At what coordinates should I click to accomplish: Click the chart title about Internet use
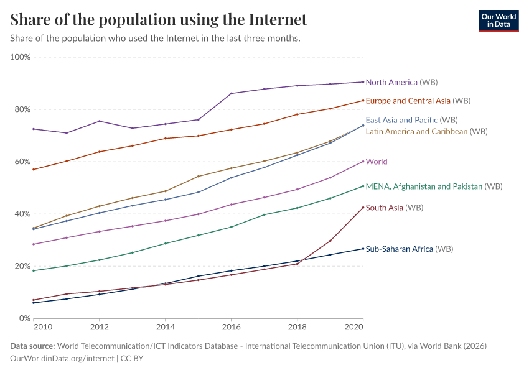point(159,20)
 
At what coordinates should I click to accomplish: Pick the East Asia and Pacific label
point(411,120)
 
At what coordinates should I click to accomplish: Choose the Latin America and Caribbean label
point(426,132)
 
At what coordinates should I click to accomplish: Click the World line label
point(377,162)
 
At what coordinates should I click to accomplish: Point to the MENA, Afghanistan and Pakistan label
point(434,186)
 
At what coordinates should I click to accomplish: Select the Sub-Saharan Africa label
point(409,249)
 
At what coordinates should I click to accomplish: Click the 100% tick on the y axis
point(21,57)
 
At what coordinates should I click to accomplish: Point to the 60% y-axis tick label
point(22,162)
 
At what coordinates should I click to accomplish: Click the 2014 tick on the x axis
point(165,326)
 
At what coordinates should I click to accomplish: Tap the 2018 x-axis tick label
point(297,326)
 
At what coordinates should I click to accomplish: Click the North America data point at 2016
point(232,93)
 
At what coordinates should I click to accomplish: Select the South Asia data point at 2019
point(330,241)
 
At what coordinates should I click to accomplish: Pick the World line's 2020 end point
point(363,161)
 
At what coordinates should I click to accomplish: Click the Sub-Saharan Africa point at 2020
point(363,249)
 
